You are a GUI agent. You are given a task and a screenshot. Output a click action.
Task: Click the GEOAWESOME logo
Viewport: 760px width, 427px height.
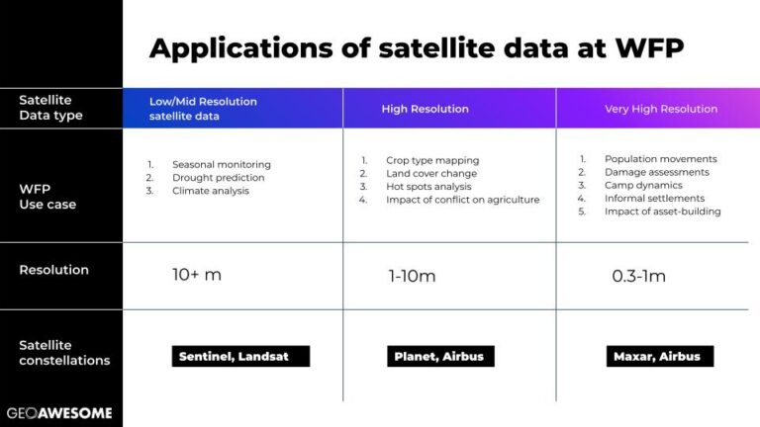pyautogui.click(x=59, y=413)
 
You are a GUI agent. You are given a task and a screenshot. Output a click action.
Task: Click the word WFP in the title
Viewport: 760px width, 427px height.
pyautogui.click(x=649, y=47)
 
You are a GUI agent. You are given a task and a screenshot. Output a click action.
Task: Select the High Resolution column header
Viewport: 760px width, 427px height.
pyautogui.click(x=426, y=109)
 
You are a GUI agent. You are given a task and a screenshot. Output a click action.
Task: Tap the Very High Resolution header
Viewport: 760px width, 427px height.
pyautogui.click(x=661, y=109)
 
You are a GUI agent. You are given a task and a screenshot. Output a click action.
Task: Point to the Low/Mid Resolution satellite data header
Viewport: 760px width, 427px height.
pyautogui.click(x=203, y=109)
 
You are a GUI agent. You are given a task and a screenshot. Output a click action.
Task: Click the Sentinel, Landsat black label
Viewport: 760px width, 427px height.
pyautogui.click(x=240, y=356)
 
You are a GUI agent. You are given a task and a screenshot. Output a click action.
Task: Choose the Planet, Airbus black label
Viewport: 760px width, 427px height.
pyautogui.click(x=440, y=356)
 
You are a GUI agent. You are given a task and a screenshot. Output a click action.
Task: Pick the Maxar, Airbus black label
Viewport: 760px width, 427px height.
pyautogui.click(x=660, y=356)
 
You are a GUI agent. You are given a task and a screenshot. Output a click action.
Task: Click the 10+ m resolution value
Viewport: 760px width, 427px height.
pyautogui.click(x=197, y=275)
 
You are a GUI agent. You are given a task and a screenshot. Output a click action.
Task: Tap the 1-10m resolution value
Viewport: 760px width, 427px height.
pyautogui.click(x=412, y=276)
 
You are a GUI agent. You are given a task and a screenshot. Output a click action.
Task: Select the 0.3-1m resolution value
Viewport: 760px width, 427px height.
pyautogui.click(x=639, y=276)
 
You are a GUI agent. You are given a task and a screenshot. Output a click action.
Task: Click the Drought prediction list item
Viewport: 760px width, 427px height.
pyautogui.click(x=218, y=178)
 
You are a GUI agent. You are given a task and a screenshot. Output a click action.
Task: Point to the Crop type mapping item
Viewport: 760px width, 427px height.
pyautogui.click(x=432, y=160)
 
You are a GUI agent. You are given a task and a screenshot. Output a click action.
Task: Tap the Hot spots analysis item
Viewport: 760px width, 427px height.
pyautogui.click(x=428, y=187)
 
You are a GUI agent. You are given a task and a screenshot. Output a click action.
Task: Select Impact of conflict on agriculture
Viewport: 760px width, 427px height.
pyautogui.click(x=463, y=200)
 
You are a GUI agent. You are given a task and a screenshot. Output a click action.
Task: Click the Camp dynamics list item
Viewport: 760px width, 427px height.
pyautogui.click(x=643, y=185)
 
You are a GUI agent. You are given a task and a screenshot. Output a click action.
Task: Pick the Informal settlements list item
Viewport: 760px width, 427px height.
pyautogui.click(x=654, y=198)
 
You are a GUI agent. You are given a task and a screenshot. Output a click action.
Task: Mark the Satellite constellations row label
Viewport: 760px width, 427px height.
pyautogui.click(x=64, y=353)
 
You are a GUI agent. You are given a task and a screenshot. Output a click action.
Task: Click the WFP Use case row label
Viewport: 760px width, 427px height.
pyautogui.click(x=47, y=197)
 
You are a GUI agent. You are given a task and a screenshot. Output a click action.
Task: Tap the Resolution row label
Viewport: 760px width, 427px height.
pyautogui.click(x=53, y=270)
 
